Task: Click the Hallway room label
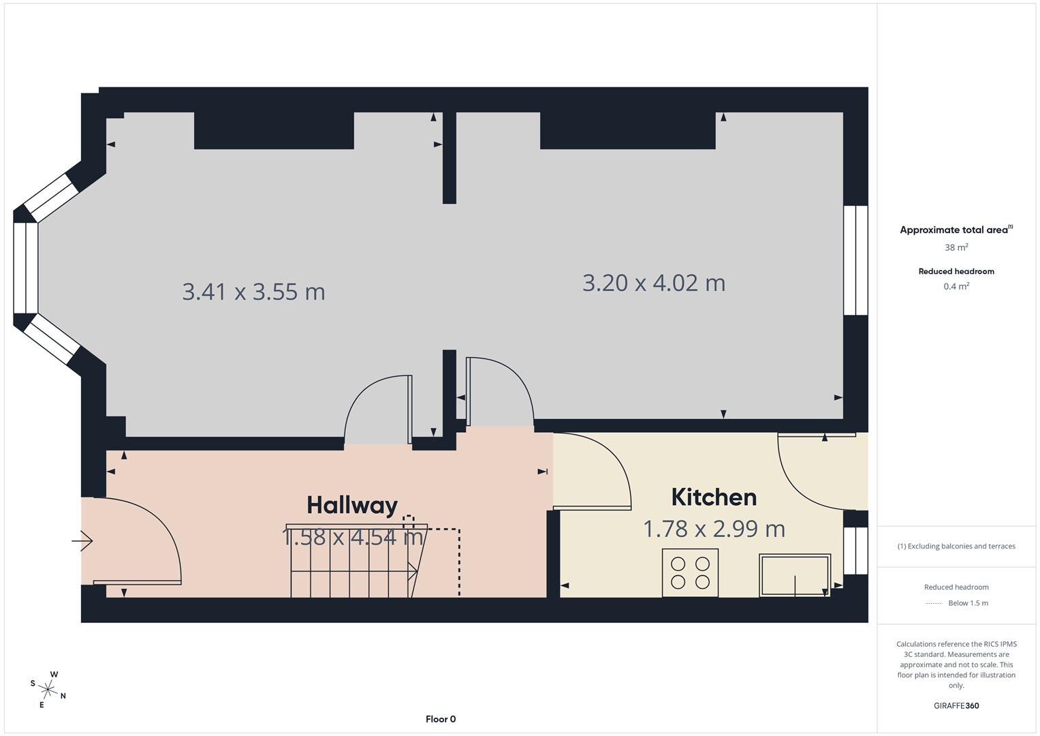[x=352, y=505]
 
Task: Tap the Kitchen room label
[x=714, y=497]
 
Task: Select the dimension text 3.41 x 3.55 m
[x=253, y=292]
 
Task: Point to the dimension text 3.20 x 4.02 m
[x=654, y=282]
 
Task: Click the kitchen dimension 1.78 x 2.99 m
[x=714, y=528]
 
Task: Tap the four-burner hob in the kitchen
[x=690, y=572]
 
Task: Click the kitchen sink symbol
[x=795, y=575]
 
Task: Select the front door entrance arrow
[x=82, y=541]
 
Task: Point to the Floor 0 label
[x=441, y=719]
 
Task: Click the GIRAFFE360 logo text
[x=956, y=705]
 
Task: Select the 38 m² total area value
[x=956, y=247]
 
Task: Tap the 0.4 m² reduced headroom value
[x=956, y=286]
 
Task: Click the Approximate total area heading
[x=956, y=230]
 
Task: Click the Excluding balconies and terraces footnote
[x=956, y=546]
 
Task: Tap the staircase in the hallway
[x=354, y=562]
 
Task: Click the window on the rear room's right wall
[x=855, y=260]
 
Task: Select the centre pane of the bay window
[x=26, y=268]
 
